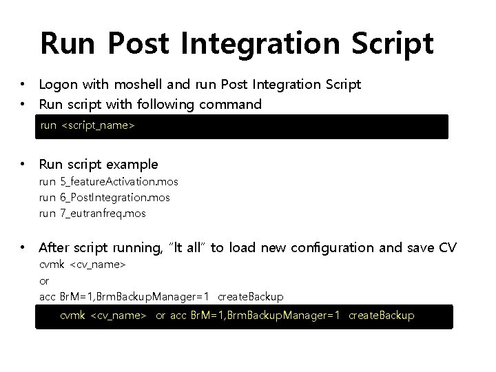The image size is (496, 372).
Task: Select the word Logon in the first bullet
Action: click(x=59, y=85)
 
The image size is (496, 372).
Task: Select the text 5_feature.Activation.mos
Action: click(x=119, y=182)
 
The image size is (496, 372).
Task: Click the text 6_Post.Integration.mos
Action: click(x=115, y=198)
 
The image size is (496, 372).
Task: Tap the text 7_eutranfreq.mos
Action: click(x=103, y=214)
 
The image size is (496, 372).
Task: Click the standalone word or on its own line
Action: click(x=45, y=280)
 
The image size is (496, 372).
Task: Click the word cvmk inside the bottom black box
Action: click(x=73, y=316)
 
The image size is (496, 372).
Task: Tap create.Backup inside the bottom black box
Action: click(x=382, y=316)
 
